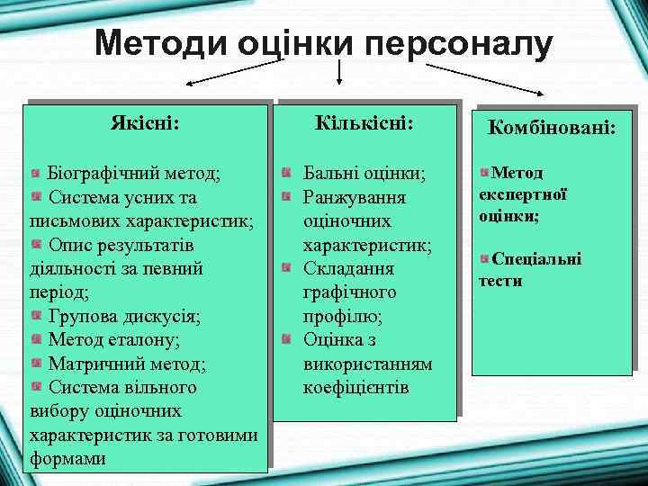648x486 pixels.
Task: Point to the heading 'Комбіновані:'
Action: tap(552, 130)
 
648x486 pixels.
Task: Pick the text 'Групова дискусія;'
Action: tap(124, 317)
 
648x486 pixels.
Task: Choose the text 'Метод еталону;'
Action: tap(113, 340)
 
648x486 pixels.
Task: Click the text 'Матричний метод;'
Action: tap(126, 364)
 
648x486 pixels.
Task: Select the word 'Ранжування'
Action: tap(354, 197)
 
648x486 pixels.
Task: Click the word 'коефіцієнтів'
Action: tap(356, 388)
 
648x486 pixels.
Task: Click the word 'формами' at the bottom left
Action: tap(67, 458)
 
